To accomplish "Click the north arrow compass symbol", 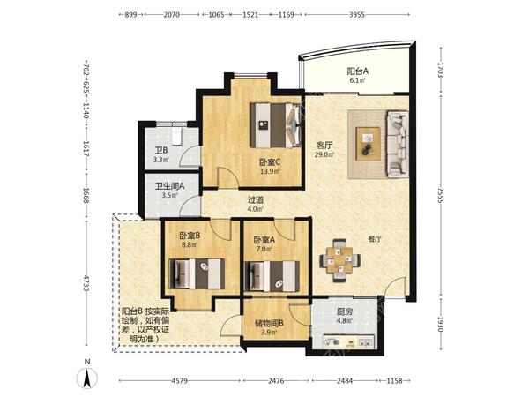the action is click(87, 378).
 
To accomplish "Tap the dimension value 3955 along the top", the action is click(357, 15).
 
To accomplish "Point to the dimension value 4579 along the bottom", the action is click(180, 381).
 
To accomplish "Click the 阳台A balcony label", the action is click(358, 71).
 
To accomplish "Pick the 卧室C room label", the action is click(270, 162).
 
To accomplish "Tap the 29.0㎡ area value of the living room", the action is click(324, 154).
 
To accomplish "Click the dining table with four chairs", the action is click(339, 260).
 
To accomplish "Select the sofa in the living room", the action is click(398, 144).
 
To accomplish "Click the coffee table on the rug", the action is click(368, 144).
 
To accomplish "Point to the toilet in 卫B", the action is click(177, 136).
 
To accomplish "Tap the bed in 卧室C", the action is click(275, 125).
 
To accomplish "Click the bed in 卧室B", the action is click(197, 273).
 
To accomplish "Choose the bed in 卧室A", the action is click(272, 276).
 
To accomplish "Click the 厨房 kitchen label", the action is click(344, 311).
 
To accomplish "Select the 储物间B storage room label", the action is click(269, 324).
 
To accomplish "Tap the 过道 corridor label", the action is click(255, 200).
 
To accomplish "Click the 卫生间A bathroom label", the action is click(169, 186).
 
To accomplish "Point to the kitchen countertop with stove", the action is click(348, 341).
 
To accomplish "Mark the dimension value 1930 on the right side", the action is click(441, 325).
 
